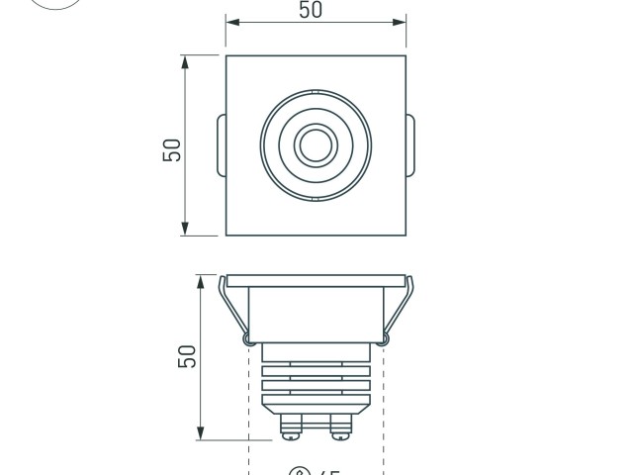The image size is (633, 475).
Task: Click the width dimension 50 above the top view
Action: (310, 11)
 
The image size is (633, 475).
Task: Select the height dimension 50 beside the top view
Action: (172, 148)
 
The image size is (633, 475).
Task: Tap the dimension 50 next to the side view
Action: (187, 356)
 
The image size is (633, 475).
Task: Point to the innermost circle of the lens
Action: (316, 145)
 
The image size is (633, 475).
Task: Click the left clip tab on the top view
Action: (221, 145)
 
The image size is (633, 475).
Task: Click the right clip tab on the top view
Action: (410, 145)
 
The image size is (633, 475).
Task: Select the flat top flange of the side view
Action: (316, 280)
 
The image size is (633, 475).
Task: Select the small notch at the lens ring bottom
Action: (316, 199)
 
